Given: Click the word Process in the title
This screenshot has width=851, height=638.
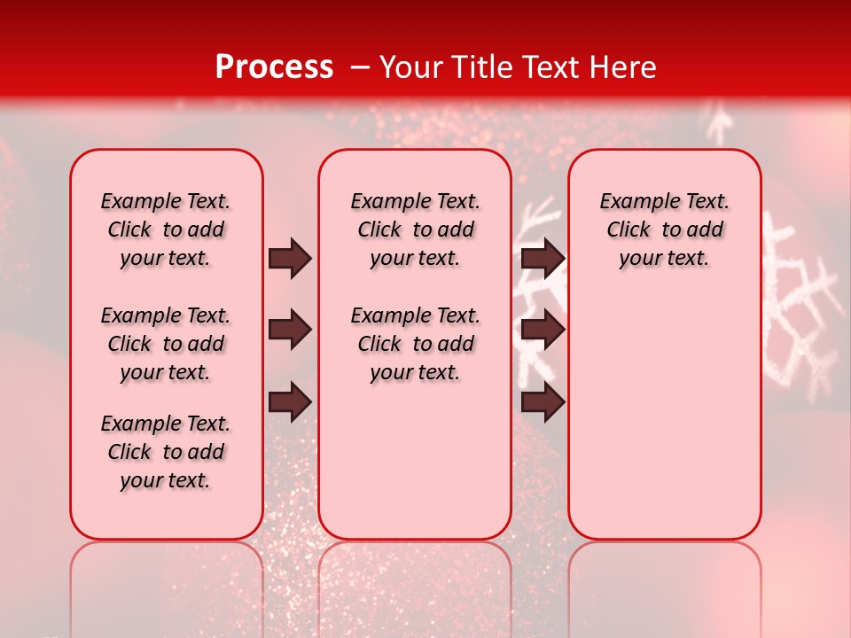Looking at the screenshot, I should point(273,67).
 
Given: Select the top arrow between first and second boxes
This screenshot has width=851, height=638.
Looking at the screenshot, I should point(290,259).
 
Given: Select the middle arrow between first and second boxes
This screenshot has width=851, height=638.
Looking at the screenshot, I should point(290,331).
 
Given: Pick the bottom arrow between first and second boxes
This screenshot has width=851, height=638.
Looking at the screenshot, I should point(290,402).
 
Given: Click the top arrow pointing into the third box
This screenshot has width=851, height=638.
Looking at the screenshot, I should point(543,259).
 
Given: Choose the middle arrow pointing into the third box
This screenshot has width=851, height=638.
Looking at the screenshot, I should point(543,331).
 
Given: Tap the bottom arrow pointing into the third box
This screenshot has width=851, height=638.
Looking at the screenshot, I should point(543,402).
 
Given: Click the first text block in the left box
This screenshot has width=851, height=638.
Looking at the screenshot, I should point(166,230).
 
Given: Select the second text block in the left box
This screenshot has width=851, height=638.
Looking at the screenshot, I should point(166,344).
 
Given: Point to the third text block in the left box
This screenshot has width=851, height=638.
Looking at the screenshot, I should point(166,452).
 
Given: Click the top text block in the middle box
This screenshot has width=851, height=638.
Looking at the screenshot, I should point(415,230).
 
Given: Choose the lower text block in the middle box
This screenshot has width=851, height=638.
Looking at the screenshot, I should point(415,344).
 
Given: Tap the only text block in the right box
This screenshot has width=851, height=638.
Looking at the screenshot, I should point(664,230).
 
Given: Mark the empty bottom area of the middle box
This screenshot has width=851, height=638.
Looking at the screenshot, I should point(415,470).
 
